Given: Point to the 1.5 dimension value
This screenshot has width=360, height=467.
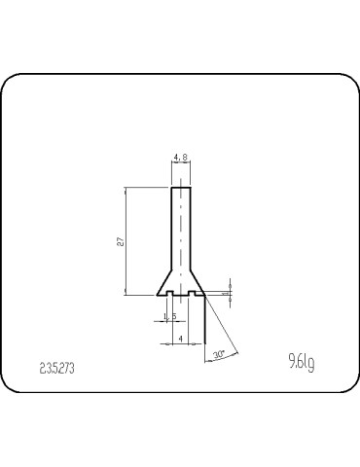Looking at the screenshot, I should point(169,317).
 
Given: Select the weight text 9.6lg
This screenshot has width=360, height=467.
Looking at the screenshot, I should point(301,365).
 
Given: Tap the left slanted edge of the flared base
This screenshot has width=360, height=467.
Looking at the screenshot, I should point(164,282).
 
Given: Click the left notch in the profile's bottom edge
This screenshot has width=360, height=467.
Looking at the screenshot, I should point(170,291).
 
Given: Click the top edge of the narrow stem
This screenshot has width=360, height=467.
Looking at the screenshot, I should point(180,187).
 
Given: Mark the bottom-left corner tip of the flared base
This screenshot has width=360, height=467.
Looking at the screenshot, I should point(157,294).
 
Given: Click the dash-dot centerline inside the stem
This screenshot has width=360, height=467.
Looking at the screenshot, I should point(180,233).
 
